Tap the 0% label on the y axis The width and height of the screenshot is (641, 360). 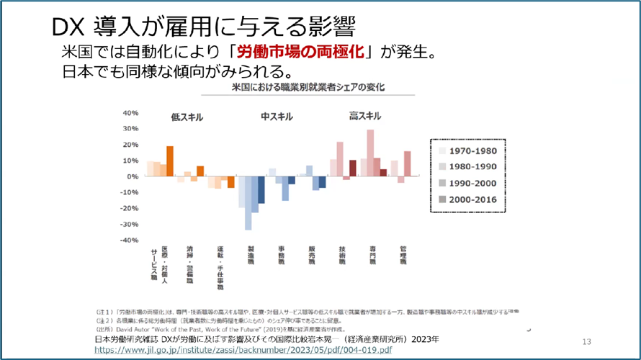click(132, 176)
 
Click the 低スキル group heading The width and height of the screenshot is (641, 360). click(187, 116)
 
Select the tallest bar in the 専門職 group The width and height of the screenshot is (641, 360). click(370, 153)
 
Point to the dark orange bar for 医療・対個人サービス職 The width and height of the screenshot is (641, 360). click(170, 161)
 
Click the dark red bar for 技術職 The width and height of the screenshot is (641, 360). click(353, 168)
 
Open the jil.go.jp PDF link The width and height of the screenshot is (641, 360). click(243, 350)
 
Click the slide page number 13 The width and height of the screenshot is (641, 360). click(586, 341)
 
